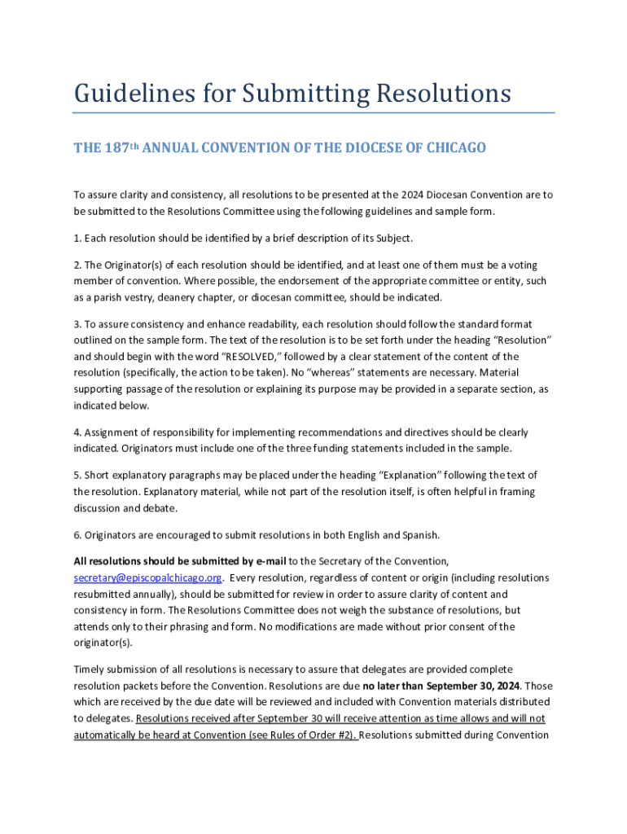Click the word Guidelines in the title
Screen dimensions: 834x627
pos(124,94)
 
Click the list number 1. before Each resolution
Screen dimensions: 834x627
pos(78,238)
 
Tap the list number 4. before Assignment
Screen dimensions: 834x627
pos(78,432)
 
